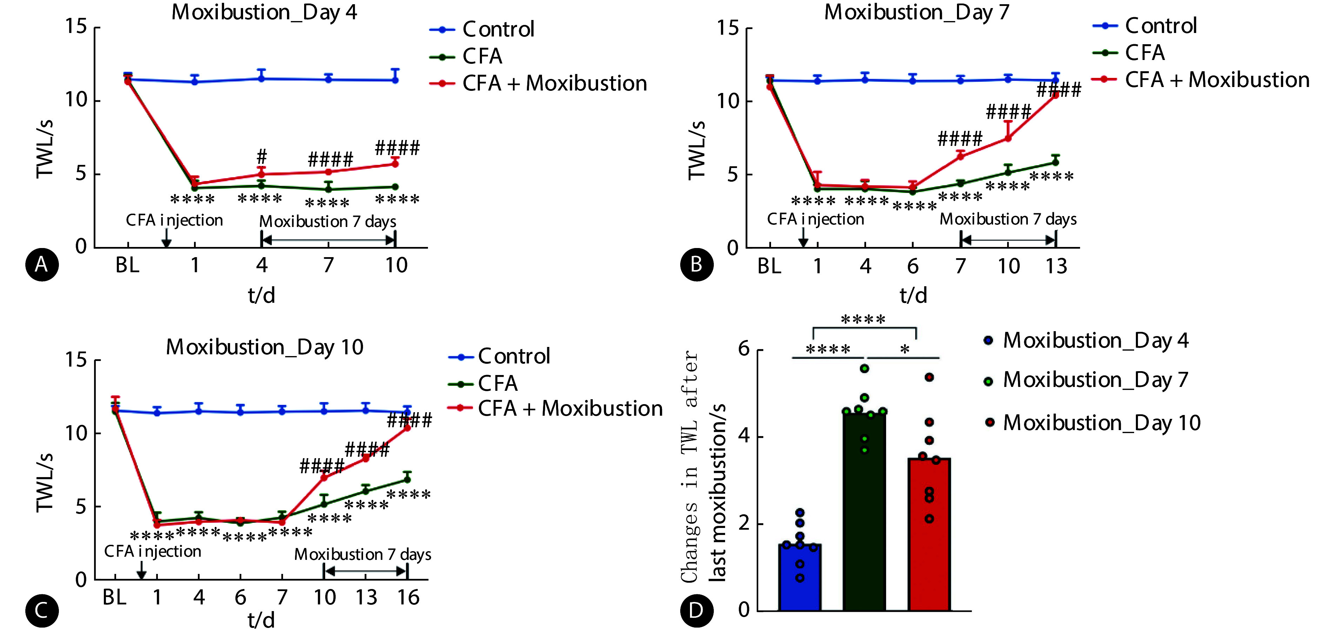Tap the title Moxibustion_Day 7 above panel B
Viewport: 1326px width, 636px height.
pos(916,12)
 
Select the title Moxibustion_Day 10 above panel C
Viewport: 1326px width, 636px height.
pos(264,347)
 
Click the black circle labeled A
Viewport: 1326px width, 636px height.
pos(42,265)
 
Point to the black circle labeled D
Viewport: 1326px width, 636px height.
pos(696,610)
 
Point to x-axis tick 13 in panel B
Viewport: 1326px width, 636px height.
pos(1056,266)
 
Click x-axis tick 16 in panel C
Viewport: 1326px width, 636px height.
pos(408,597)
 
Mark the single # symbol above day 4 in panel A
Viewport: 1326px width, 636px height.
pos(261,156)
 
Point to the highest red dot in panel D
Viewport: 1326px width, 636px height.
pos(929,377)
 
